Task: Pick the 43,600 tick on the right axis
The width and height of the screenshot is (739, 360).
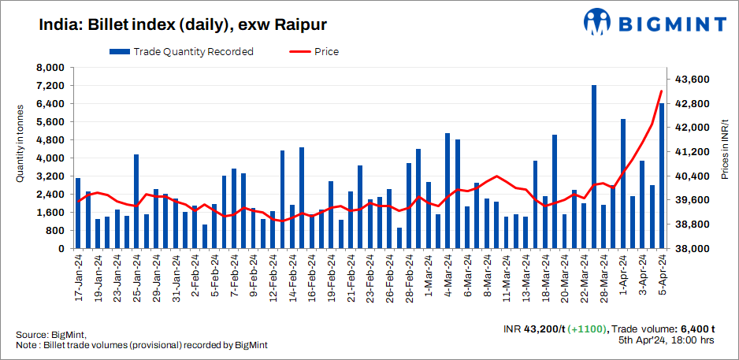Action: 693,80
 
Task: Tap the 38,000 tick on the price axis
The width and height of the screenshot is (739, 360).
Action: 693,249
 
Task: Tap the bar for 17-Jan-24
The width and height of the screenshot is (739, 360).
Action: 78,213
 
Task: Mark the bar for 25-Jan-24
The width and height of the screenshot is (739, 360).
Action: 136,202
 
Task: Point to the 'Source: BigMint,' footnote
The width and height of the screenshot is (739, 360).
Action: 50,335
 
